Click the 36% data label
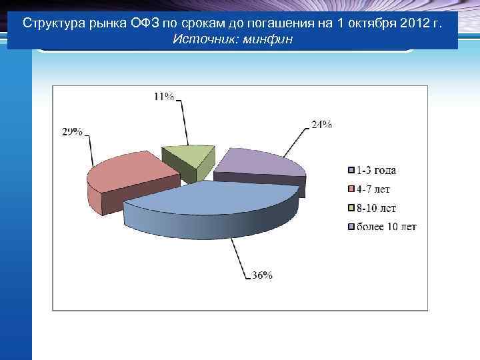pos(262,275)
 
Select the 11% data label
pos(164,96)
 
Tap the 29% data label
pos(72,132)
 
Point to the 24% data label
pos(322,124)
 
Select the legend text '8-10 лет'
pos(377,208)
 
